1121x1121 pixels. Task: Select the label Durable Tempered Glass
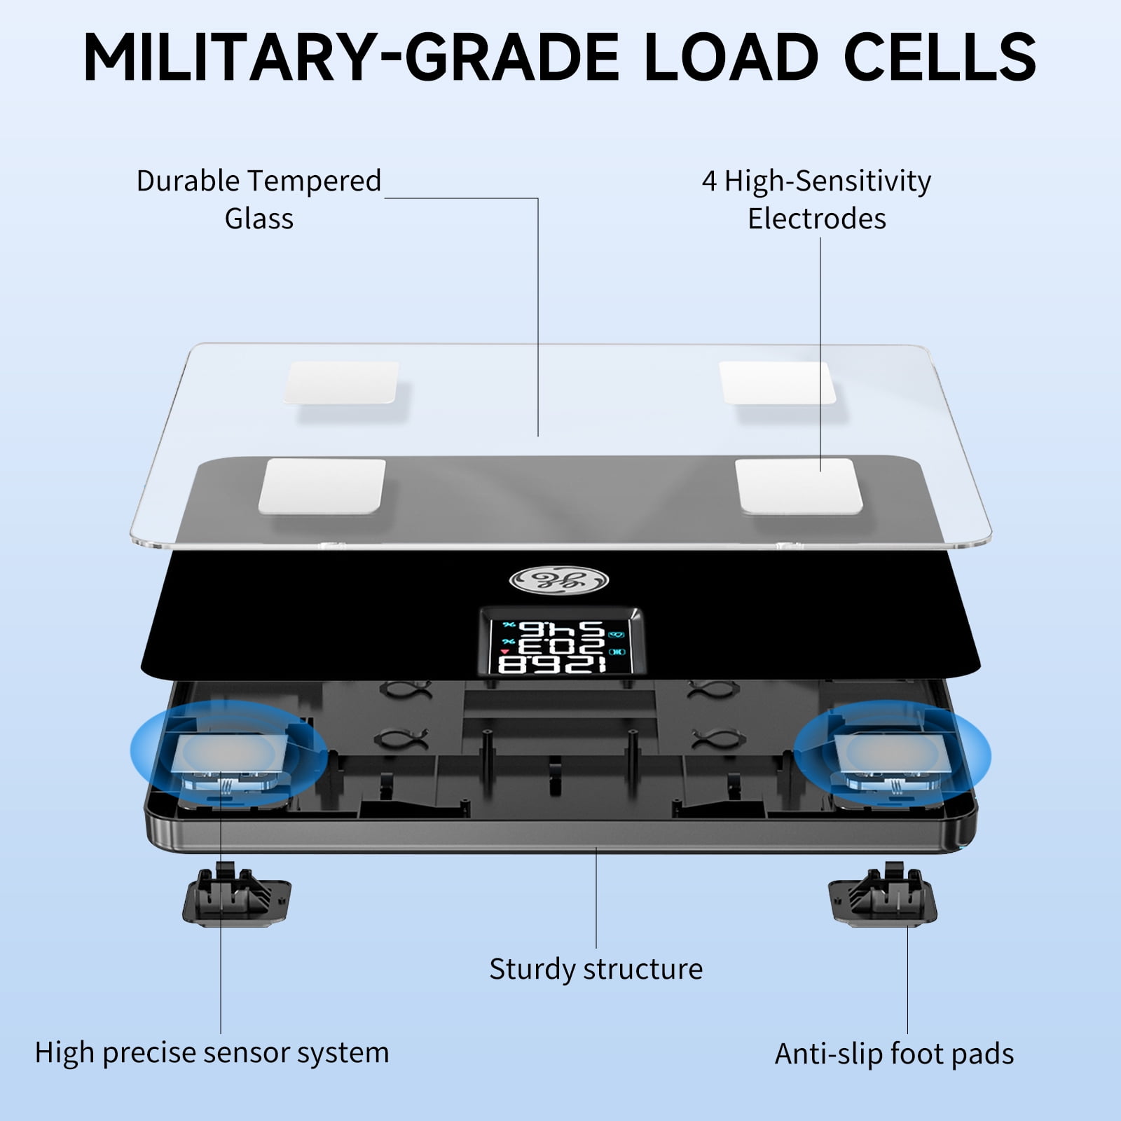259,200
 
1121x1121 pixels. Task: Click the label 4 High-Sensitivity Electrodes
817,200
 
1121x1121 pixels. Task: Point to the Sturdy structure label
596,969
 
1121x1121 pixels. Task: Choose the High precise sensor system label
212,1053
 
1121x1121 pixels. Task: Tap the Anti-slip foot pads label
894,1054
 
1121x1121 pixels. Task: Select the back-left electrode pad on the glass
341,383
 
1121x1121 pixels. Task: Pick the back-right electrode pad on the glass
778,383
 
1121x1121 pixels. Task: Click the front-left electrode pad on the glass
322,486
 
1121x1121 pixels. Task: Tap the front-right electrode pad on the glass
799,486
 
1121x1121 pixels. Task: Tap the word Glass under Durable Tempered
259,219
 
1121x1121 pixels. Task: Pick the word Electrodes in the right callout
817,219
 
